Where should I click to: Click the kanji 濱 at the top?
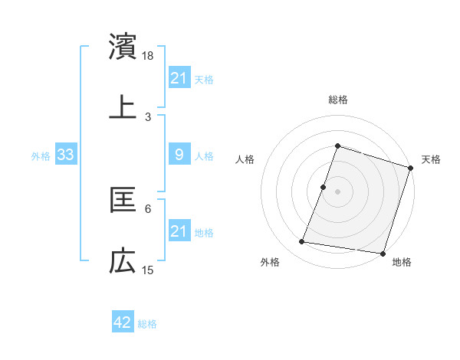coord(123,47)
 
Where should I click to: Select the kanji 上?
coord(123,106)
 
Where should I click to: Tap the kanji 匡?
coord(123,200)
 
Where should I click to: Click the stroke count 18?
coord(148,56)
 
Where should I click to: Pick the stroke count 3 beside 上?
coord(148,116)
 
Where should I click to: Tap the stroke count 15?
coord(148,270)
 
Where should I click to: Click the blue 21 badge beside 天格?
coord(179,78)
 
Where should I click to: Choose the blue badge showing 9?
coord(179,155)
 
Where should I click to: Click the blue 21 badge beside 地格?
coord(179,231)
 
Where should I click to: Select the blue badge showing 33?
coord(66,155)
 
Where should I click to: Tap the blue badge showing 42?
coord(123,322)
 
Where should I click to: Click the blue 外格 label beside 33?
coord(41,156)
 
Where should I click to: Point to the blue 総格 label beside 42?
coord(147,324)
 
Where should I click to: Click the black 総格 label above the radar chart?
coord(337,100)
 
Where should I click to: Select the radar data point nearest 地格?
coord(383,253)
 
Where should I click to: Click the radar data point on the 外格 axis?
coord(302,242)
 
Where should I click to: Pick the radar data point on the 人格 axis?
coord(324,187)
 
